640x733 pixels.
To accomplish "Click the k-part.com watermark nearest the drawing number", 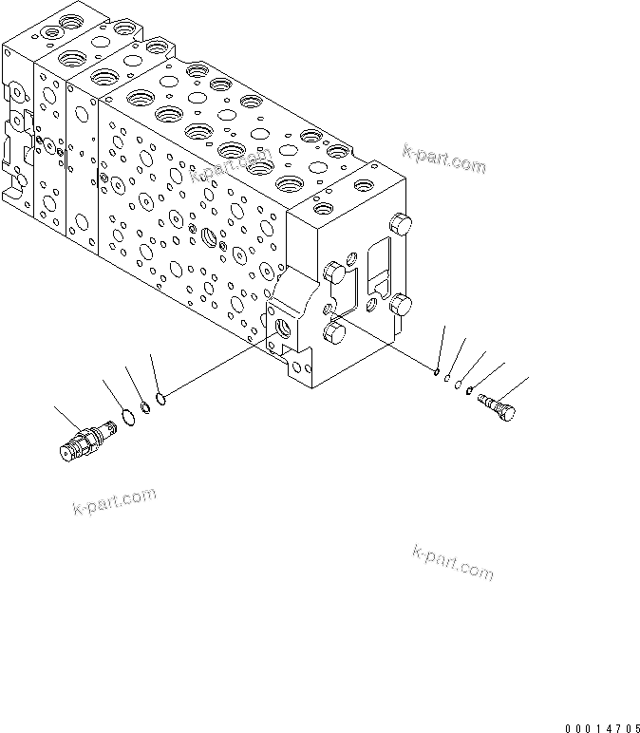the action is click(453, 562).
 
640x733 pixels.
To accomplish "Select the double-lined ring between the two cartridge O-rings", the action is click(142, 408).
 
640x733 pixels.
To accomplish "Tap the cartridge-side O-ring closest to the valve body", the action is click(161, 397).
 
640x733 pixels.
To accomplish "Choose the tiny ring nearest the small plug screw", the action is click(472, 388).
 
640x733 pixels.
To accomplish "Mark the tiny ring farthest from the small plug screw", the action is click(435, 370).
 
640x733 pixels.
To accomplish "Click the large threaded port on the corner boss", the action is click(285, 329).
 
